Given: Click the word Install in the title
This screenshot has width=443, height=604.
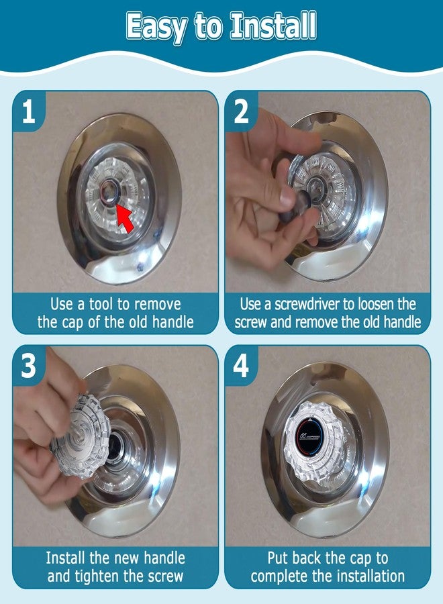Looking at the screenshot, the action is (x=273, y=26).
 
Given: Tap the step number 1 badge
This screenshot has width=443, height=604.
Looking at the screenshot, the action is (x=28, y=111).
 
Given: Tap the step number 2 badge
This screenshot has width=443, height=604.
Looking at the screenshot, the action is (x=242, y=111).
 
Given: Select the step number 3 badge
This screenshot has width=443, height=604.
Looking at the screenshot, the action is (x=28, y=365).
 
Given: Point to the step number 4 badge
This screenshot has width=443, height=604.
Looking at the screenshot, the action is (x=241, y=365).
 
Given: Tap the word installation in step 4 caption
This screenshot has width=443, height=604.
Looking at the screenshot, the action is (x=371, y=576).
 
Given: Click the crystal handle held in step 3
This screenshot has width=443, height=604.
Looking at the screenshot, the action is (x=81, y=436).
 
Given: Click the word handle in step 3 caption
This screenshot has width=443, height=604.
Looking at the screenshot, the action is (x=164, y=558).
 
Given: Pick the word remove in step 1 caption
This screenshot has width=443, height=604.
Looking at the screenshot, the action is (x=157, y=304).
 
